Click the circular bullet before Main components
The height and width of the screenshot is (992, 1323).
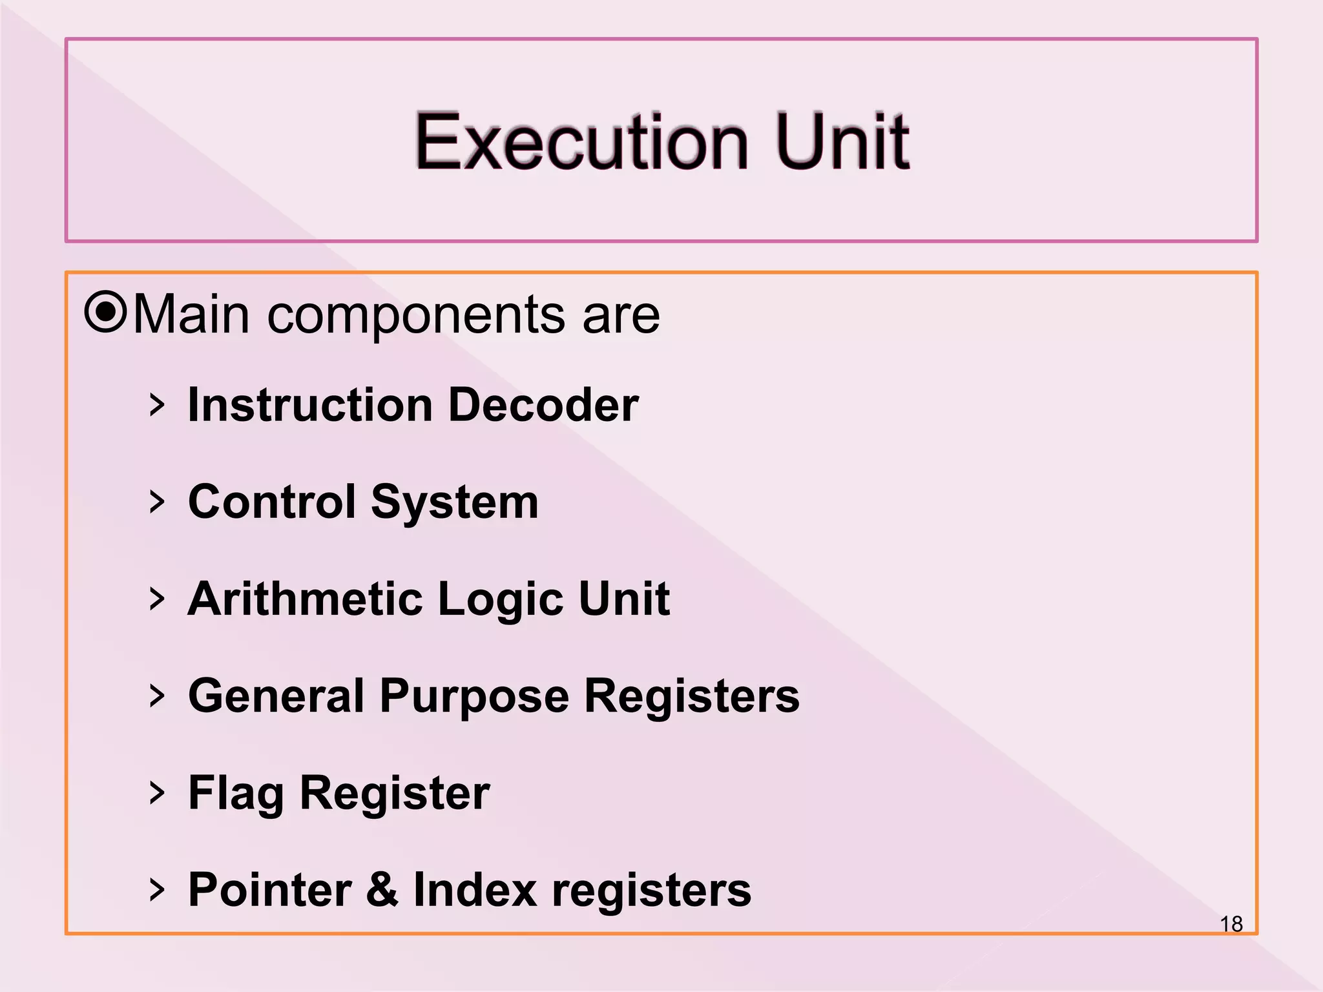[105, 313]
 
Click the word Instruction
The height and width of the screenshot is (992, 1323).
[310, 405]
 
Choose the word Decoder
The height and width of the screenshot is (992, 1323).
[543, 405]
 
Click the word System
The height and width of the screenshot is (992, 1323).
[455, 503]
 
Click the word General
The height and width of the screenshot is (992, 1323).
[276, 696]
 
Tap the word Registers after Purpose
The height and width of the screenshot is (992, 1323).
[692, 697]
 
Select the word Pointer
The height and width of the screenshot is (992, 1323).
[270, 890]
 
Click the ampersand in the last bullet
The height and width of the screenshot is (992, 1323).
[382, 889]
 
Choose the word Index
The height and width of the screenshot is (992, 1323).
[475, 890]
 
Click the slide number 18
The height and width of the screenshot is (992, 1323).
[1231, 924]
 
